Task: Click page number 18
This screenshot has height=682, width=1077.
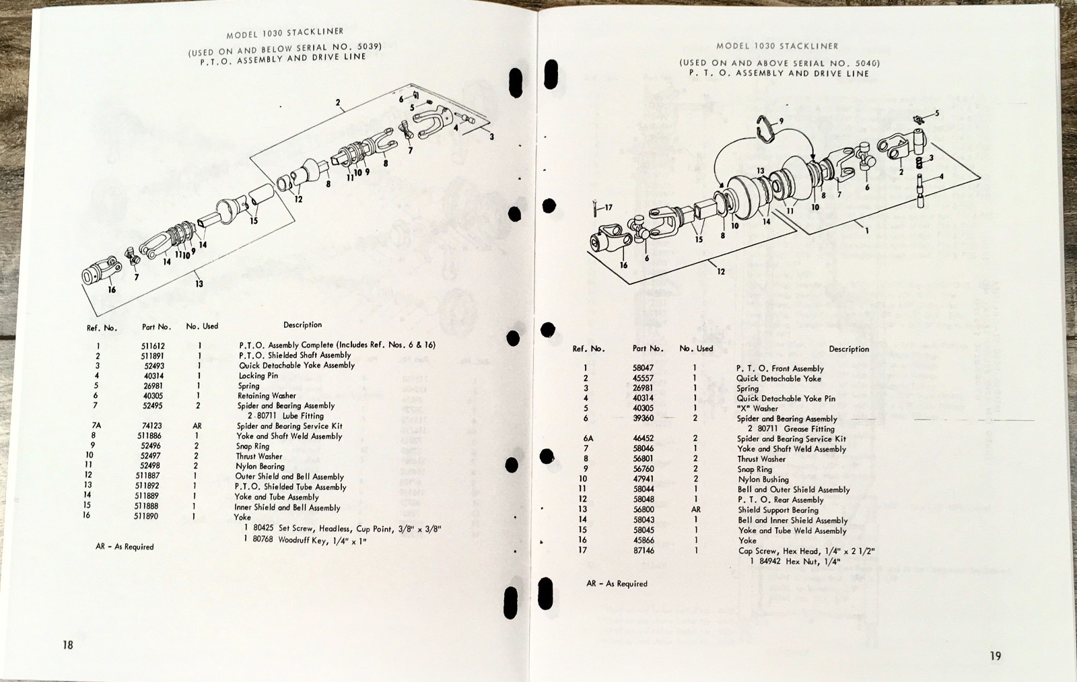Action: click(67, 645)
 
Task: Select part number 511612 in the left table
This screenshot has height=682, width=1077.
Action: click(153, 345)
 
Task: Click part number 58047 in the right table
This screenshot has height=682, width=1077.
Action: click(644, 368)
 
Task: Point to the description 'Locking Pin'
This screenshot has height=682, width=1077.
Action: click(258, 376)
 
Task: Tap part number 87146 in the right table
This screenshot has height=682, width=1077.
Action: click(644, 551)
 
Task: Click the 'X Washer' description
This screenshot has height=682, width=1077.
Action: click(757, 408)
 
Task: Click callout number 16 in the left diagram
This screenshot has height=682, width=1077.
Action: click(112, 290)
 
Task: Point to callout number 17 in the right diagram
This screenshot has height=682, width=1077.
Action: click(608, 207)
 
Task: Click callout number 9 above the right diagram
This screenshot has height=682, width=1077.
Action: click(781, 122)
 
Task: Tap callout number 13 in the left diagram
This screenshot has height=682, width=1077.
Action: click(199, 284)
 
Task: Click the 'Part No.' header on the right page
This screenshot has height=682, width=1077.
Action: click(648, 349)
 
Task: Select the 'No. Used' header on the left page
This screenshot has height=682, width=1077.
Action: click(202, 327)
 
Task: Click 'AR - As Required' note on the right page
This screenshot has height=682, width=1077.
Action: click(617, 584)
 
